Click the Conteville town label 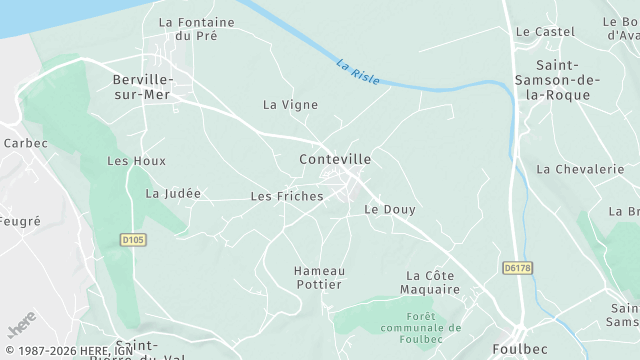coord(335,159)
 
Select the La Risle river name coord(358,72)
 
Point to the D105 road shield coord(132,240)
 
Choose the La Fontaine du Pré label coord(196,28)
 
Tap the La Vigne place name coord(290,104)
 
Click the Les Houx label coord(136,161)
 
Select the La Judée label coord(173,193)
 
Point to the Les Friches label coord(287,196)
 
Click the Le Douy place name coord(390,209)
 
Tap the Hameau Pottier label coord(318,278)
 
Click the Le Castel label coord(545,32)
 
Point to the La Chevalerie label coord(580,169)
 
